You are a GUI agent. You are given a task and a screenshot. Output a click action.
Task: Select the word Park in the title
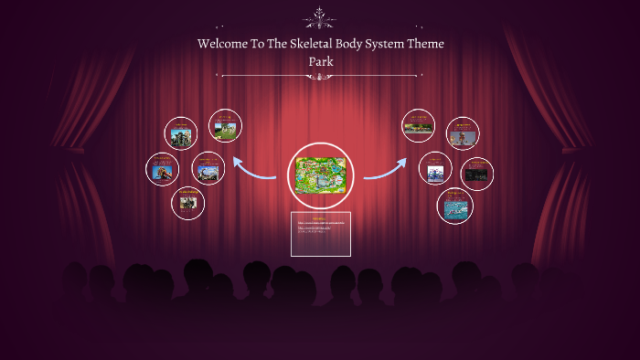pos(320,62)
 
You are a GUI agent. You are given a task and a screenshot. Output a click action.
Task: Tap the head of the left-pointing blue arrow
pos(238,161)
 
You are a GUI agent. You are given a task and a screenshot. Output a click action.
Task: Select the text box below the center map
pos(321,235)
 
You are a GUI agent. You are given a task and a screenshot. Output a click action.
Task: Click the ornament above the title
pos(319,17)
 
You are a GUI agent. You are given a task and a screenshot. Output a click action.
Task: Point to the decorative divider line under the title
pos(319,76)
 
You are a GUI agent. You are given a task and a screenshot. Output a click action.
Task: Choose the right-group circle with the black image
pos(477,174)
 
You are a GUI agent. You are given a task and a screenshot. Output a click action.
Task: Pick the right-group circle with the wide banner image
pos(420,126)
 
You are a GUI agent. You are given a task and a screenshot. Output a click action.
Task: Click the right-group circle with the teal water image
pos(454,206)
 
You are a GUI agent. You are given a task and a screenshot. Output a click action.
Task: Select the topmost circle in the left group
pos(225,126)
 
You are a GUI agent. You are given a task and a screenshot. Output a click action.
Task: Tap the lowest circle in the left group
pos(188,203)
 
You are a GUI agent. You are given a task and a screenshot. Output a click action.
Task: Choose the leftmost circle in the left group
pos(163,169)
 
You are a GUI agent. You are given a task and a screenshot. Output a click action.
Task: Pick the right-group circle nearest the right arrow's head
pos(435,169)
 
